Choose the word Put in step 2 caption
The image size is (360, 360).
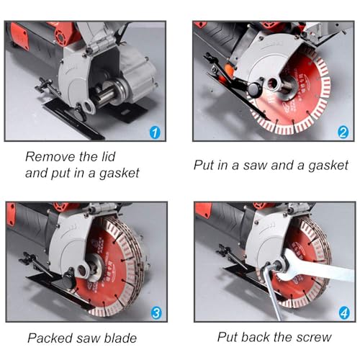point(204,164)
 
